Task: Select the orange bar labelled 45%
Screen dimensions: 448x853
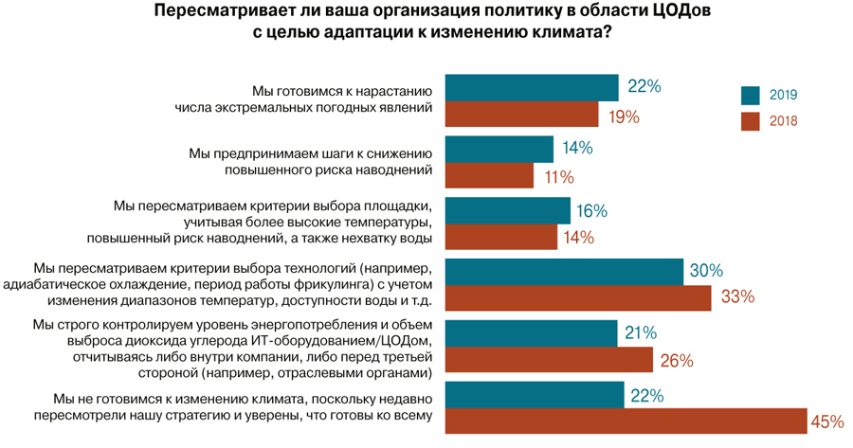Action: [x=625, y=421]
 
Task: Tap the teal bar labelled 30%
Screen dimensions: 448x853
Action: [x=564, y=272]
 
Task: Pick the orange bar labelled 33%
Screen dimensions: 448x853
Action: [x=578, y=296]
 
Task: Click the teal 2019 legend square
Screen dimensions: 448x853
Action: [x=751, y=95]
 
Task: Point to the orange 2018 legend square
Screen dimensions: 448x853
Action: [x=751, y=121]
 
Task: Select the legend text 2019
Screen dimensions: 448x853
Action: [x=783, y=95]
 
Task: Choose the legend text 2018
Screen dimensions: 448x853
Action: [x=783, y=121]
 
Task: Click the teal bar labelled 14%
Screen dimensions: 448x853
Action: [x=499, y=149]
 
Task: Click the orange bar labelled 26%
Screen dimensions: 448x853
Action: [x=549, y=360]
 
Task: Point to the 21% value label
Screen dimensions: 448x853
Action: [x=643, y=333]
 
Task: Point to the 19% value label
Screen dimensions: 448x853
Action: [x=621, y=116]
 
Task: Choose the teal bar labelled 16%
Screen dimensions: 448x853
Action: [x=507, y=210]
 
